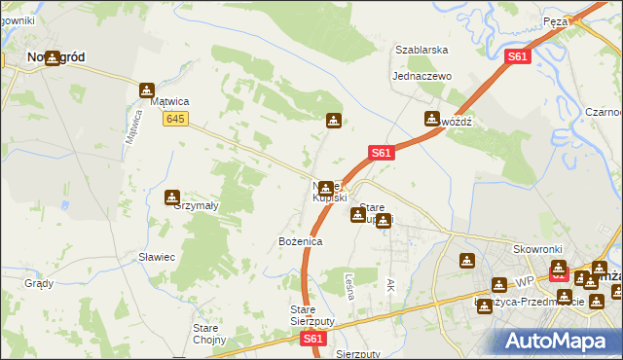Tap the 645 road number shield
pyautogui.click(x=175, y=119)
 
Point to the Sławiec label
pyautogui.click(x=156, y=257)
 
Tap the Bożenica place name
pyautogui.click(x=273, y=240)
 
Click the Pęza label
pyautogui.click(x=582, y=20)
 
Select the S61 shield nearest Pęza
pyautogui.click(x=518, y=57)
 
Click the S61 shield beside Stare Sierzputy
pyautogui.click(x=312, y=339)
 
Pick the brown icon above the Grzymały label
pyautogui.click(x=172, y=196)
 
